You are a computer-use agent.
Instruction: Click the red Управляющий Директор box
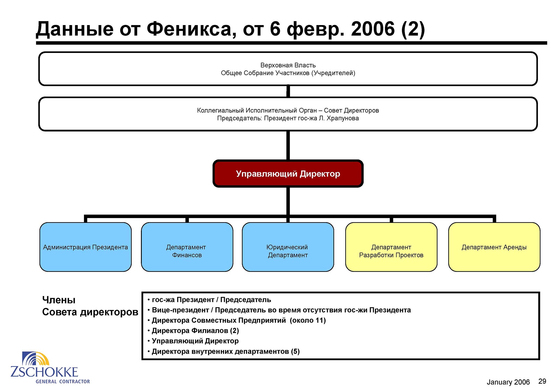click(x=288, y=174)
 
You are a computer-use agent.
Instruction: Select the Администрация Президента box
click(x=86, y=247)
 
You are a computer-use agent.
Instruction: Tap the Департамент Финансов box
click(x=187, y=247)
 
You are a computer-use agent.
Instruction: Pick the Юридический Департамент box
click(x=288, y=247)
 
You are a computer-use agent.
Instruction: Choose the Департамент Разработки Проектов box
click(x=391, y=247)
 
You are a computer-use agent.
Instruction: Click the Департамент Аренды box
click(x=494, y=247)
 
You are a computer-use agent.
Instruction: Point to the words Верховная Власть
click(x=288, y=65)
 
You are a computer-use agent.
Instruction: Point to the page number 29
click(x=542, y=381)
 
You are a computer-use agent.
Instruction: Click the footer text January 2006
click(x=508, y=382)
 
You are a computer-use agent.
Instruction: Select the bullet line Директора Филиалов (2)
click(x=193, y=331)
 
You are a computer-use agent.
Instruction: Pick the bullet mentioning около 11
click(x=236, y=320)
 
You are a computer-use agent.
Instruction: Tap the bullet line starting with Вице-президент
click(x=279, y=310)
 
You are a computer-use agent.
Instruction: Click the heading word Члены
click(x=59, y=300)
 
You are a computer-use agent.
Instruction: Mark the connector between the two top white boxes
click(x=288, y=91)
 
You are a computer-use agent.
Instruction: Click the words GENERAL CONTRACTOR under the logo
click(x=63, y=381)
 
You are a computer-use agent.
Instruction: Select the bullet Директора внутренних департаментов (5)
click(x=223, y=351)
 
